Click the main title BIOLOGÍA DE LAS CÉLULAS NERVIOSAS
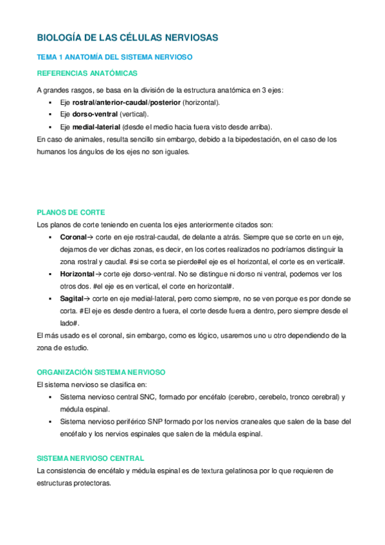point(127,38)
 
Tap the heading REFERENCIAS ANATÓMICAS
point(87,73)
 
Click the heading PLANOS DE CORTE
point(71,212)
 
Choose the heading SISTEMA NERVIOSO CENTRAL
point(91,458)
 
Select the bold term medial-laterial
point(96,126)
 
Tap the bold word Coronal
point(73,237)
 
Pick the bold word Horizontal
point(76,274)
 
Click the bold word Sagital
point(71,299)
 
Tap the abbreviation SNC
point(147,397)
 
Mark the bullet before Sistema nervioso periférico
point(51,422)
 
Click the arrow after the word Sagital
point(87,299)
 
